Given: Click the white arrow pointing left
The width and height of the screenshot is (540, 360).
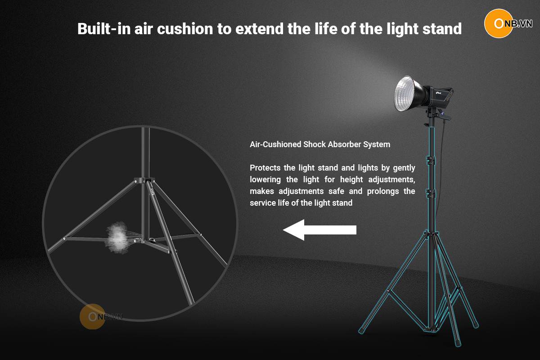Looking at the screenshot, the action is (x=319, y=230).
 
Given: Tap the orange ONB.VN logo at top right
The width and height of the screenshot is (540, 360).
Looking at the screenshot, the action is (x=508, y=24).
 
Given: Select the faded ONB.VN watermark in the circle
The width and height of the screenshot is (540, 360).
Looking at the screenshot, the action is (x=101, y=317).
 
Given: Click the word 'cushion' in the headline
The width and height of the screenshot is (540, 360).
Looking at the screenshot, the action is (x=185, y=29).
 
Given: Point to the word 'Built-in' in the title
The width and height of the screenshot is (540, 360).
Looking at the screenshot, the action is (x=104, y=29).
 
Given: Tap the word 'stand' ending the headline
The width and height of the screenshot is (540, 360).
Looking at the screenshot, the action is (x=442, y=29).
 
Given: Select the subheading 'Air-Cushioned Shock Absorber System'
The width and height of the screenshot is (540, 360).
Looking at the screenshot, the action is (x=320, y=144).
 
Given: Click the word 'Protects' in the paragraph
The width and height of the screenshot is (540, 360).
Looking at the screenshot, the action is (x=265, y=167).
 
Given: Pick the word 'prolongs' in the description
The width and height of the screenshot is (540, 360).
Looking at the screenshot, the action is (x=383, y=191).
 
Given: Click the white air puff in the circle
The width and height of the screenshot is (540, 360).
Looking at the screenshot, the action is (x=117, y=238).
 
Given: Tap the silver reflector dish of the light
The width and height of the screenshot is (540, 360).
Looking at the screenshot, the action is (x=407, y=94).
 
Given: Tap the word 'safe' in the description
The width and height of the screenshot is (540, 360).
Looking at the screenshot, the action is (x=336, y=191).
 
